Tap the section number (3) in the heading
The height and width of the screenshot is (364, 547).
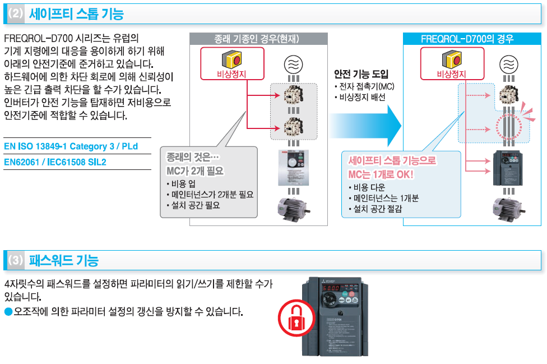point(16,260)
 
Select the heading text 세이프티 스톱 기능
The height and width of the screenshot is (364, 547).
point(76,14)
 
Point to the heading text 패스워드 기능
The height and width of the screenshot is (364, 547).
point(63,260)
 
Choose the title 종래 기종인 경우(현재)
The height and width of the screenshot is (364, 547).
point(258,39)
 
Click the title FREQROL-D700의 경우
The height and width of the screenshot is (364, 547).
point(467,39)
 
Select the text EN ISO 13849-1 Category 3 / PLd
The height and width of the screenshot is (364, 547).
point(70,146)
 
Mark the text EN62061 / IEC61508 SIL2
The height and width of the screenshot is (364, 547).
point(55,162)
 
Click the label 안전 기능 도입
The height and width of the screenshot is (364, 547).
point(361,74)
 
